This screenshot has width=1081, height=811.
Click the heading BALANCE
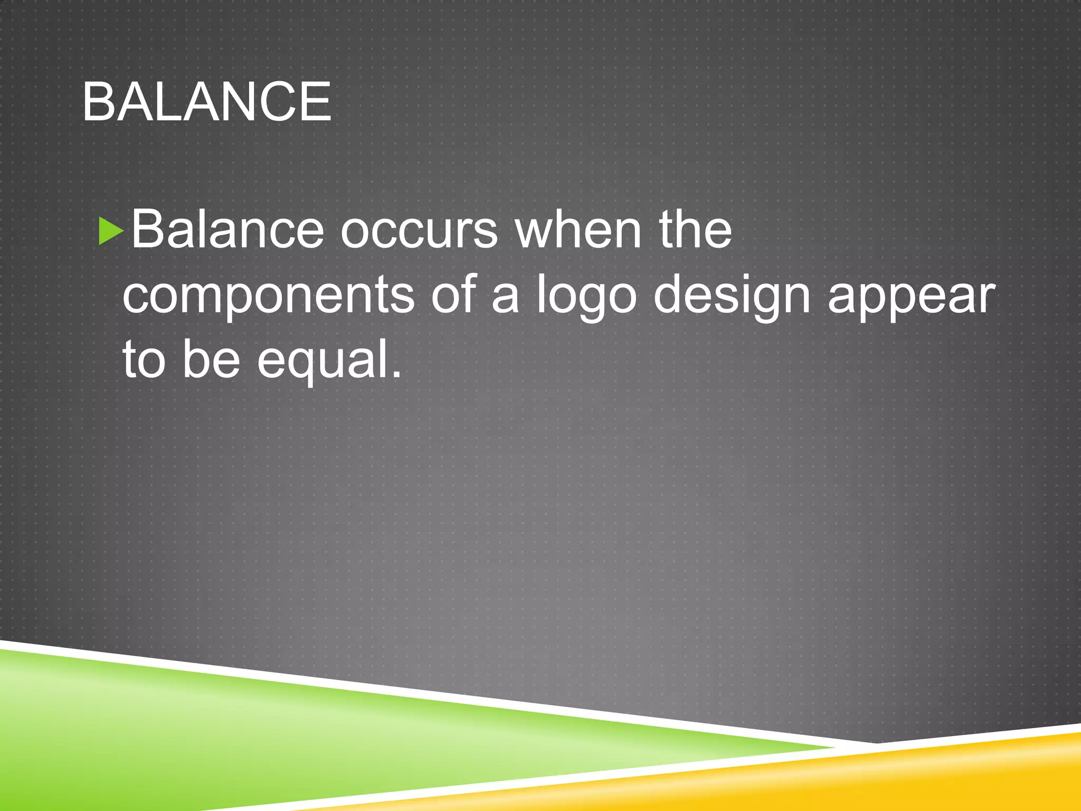click(207, 102)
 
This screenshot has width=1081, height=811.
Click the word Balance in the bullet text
click(227, 230)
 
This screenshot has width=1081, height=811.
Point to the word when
click(578, 230)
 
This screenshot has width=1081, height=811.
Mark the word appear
click(911, 298)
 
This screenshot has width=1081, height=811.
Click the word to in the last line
click(144, 360)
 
